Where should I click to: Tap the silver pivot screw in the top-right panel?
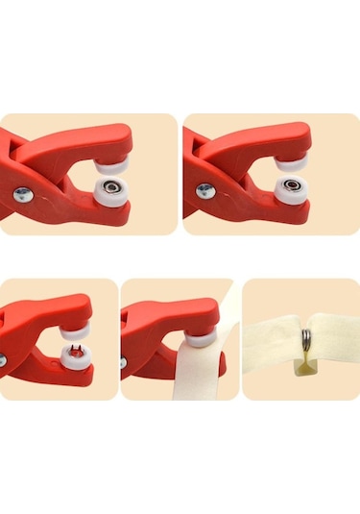pos(204,190)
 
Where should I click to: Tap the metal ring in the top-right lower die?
pos(292,185)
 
